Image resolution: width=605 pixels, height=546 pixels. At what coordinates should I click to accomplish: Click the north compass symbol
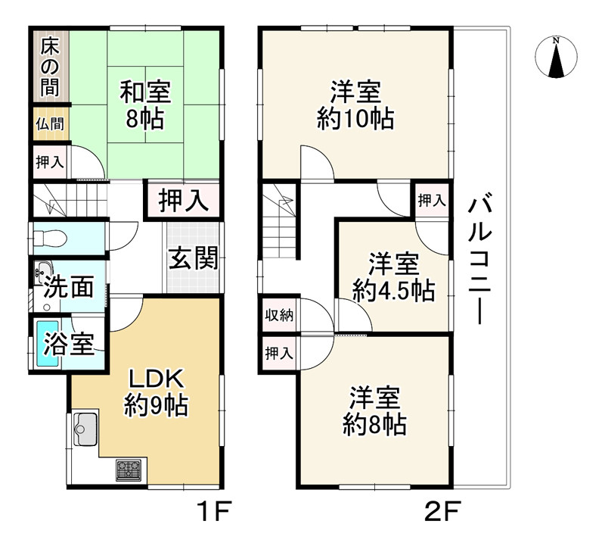pos(557,58)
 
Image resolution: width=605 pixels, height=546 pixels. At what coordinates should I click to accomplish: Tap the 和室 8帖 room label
pos(146,105)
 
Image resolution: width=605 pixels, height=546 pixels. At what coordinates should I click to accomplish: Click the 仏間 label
pos(50,124)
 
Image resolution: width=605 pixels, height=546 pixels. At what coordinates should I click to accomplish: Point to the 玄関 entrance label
pos(193,259)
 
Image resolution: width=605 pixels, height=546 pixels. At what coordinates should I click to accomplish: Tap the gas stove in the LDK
pos(129,470)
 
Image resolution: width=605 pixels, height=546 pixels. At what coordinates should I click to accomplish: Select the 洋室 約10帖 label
pos(355,106)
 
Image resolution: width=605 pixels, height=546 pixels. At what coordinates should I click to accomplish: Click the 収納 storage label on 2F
pos(279,316)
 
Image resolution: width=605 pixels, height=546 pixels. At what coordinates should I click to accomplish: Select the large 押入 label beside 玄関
pos(183,201)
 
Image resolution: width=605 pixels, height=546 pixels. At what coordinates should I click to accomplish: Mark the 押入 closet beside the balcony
pos(432,201)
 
